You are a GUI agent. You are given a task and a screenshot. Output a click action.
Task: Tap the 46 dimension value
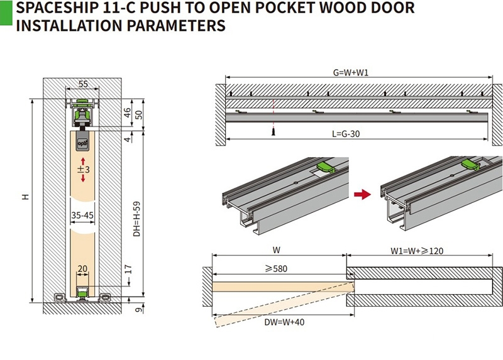128,113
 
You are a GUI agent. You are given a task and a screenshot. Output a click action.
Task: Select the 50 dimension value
140,114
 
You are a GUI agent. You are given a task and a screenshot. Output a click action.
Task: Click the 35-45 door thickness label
82,215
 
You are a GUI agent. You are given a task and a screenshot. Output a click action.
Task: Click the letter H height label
26,197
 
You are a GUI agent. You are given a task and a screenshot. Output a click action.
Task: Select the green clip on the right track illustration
470,164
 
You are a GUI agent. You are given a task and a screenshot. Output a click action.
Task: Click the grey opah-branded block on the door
82,141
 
